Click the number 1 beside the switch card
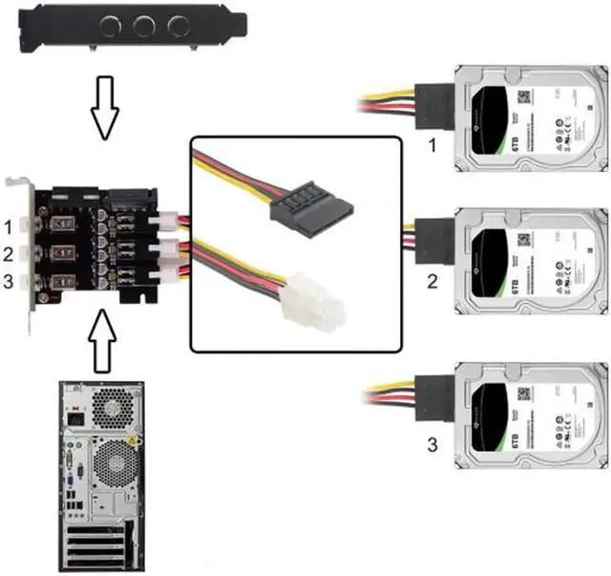9,229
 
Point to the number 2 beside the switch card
9,255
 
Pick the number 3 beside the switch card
9,281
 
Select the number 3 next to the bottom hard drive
431,443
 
